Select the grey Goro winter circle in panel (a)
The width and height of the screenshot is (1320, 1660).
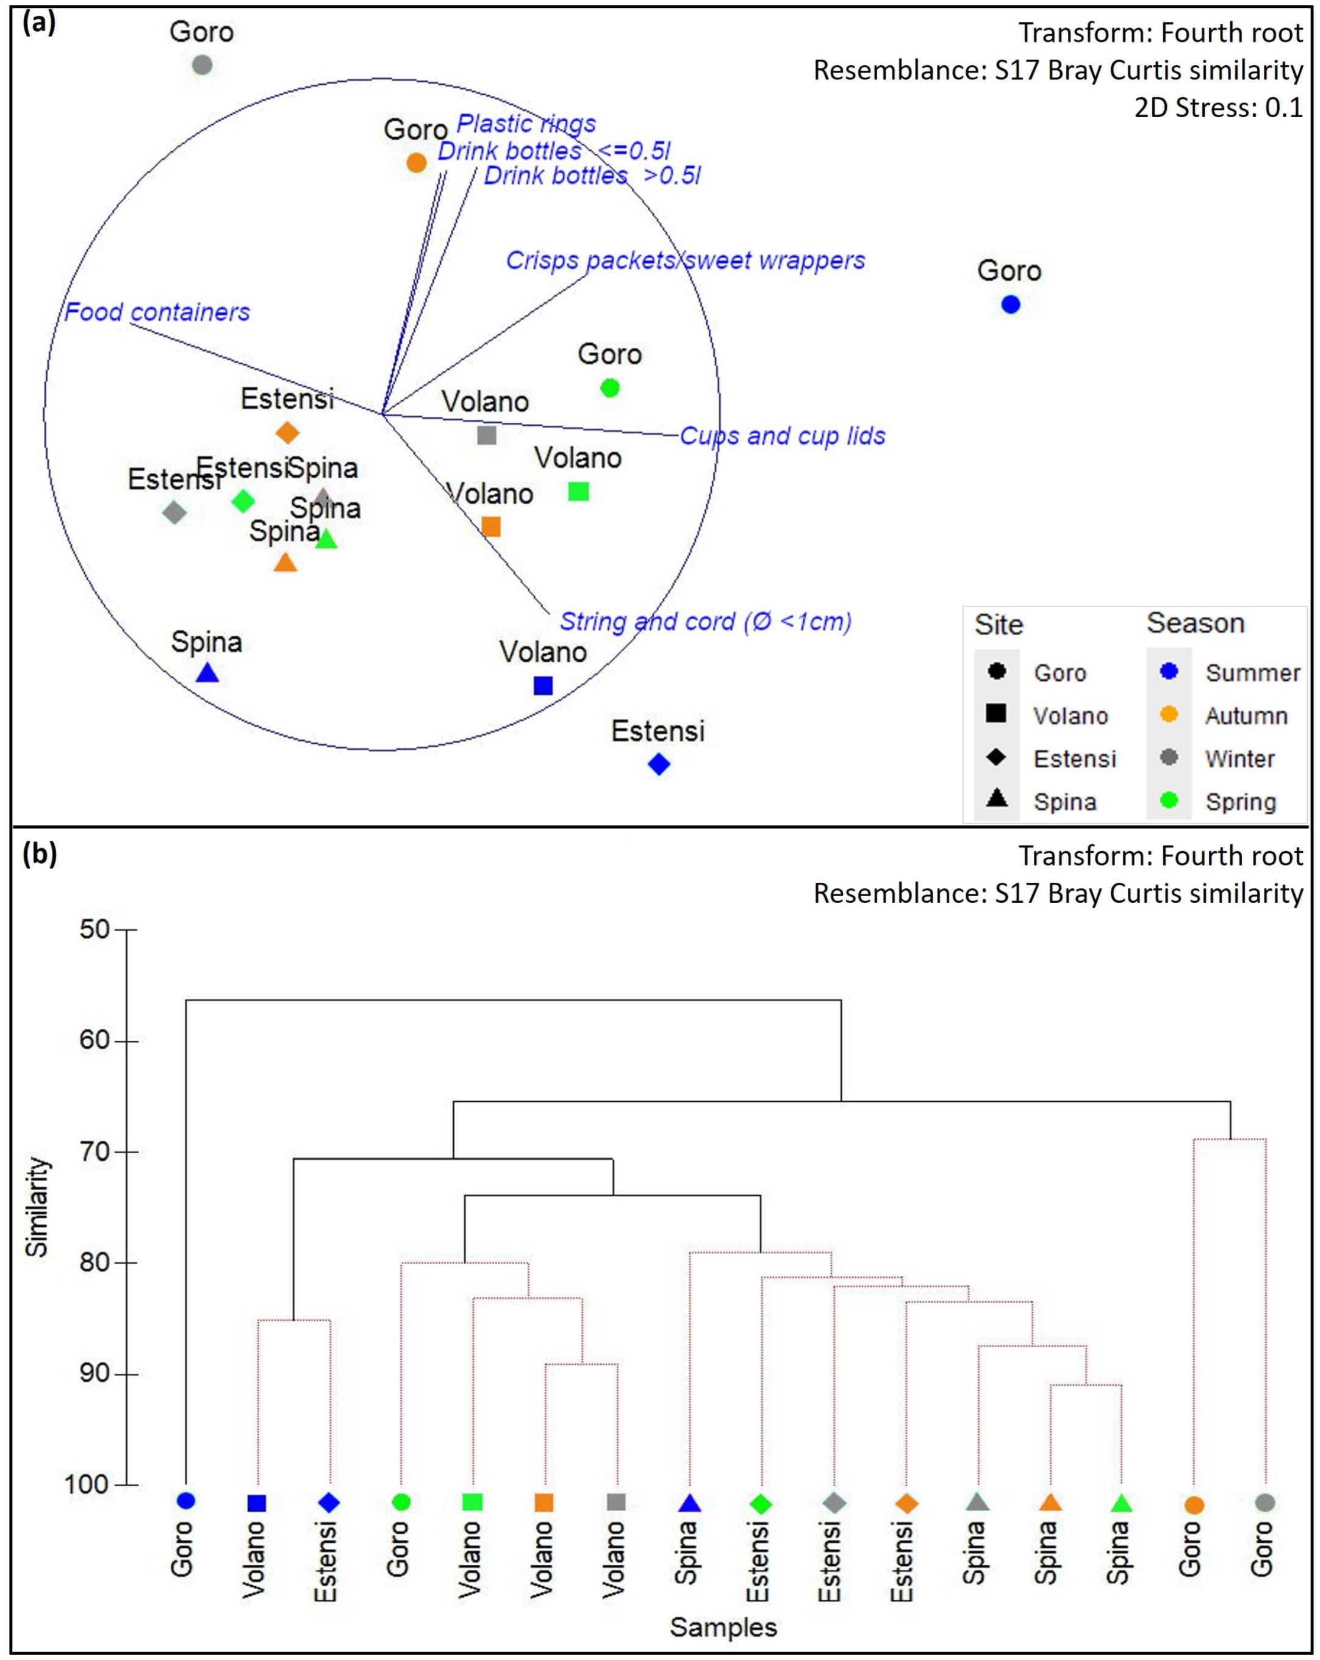[202, 65]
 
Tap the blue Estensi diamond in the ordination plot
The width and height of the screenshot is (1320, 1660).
[659, 764]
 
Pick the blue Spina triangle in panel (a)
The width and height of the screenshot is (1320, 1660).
[207, 674]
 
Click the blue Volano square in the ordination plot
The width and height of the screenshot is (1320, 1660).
[543, 685]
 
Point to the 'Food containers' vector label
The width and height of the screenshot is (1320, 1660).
[157, 312]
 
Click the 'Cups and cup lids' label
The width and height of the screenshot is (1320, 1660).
[782, 436]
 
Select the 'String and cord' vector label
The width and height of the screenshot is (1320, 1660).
[705, 621]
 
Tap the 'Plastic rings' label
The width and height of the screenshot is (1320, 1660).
[526, 123]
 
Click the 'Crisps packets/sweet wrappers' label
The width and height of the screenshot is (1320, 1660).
[685, 260]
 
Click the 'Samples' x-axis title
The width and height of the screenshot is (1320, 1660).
[723, 1627]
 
